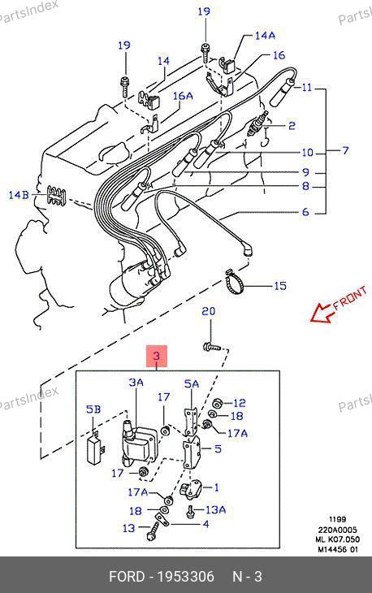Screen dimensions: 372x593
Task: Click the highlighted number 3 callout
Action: [x=157, y=356]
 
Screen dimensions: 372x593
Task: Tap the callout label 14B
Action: [x=19, y=195]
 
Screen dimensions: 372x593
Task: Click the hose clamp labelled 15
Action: [x=235, y=284]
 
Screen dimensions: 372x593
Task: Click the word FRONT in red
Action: [x=350, y=297]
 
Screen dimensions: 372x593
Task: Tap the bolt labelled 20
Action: [x=212, y=346]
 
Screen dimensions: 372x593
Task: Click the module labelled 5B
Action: [x=97, y=448]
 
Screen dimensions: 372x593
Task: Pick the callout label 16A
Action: [x=183, y=96]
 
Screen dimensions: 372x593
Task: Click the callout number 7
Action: [x=344, y=150]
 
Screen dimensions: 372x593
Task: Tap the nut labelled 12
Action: [x=218, y=403]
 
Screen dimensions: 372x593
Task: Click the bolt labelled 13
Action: [x=153, y=531]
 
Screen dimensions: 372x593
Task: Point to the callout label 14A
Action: [x=265, y=36]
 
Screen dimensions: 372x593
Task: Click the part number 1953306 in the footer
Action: [x=186, y=577]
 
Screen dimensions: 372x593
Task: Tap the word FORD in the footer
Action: [x=127, y=577]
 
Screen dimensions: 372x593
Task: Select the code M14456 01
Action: [x=337, y=549]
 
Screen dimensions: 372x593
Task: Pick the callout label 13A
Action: [x=215, y=509]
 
